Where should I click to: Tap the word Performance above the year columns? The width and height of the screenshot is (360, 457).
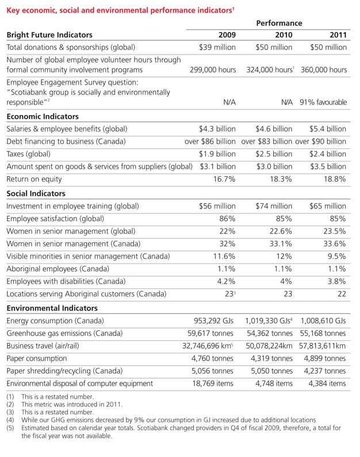279,23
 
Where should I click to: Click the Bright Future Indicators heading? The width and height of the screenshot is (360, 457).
49,35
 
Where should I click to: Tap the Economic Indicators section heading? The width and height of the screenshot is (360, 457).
43,116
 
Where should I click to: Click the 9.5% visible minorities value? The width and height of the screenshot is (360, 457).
335,256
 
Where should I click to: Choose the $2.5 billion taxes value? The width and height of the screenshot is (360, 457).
274,154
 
